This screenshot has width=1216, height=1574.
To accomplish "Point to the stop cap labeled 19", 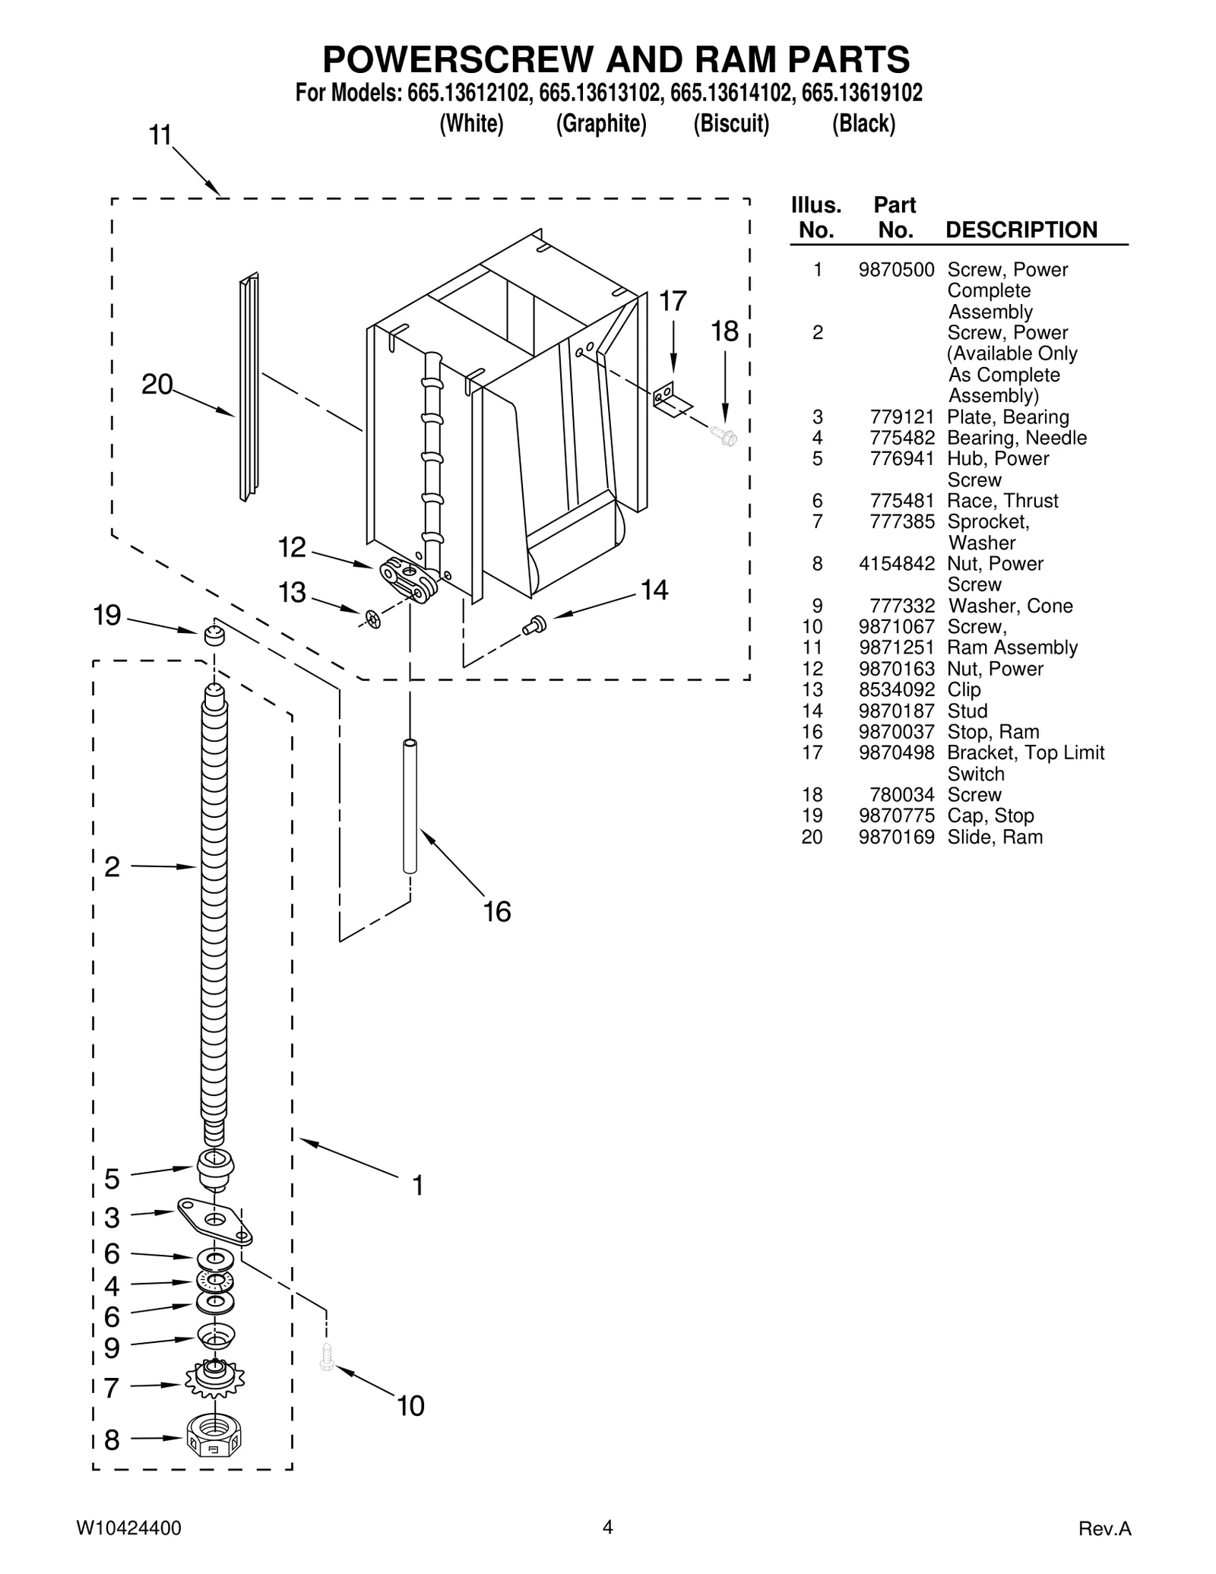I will pos(214,634).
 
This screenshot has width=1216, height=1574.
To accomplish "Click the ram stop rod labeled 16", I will pos(410,806).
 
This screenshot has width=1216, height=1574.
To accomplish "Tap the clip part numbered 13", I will pos(372,619).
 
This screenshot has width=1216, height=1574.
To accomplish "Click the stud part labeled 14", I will pos(534,625).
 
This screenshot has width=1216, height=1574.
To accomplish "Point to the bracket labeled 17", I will pos(669,399).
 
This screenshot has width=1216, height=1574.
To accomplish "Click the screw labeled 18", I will pos(724,435).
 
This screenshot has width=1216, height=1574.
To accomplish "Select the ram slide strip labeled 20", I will pos(249,388).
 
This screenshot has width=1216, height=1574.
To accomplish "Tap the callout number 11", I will pos(160,135).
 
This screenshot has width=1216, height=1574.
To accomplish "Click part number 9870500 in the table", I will pos(896,270).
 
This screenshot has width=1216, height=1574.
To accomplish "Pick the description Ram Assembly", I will pos(1012,648).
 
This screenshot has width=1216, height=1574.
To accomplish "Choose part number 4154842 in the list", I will pos(896,564).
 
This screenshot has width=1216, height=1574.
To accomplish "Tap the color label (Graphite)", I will pos(601,123).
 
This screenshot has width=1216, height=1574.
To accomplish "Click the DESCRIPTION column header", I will pos(1021,230).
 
